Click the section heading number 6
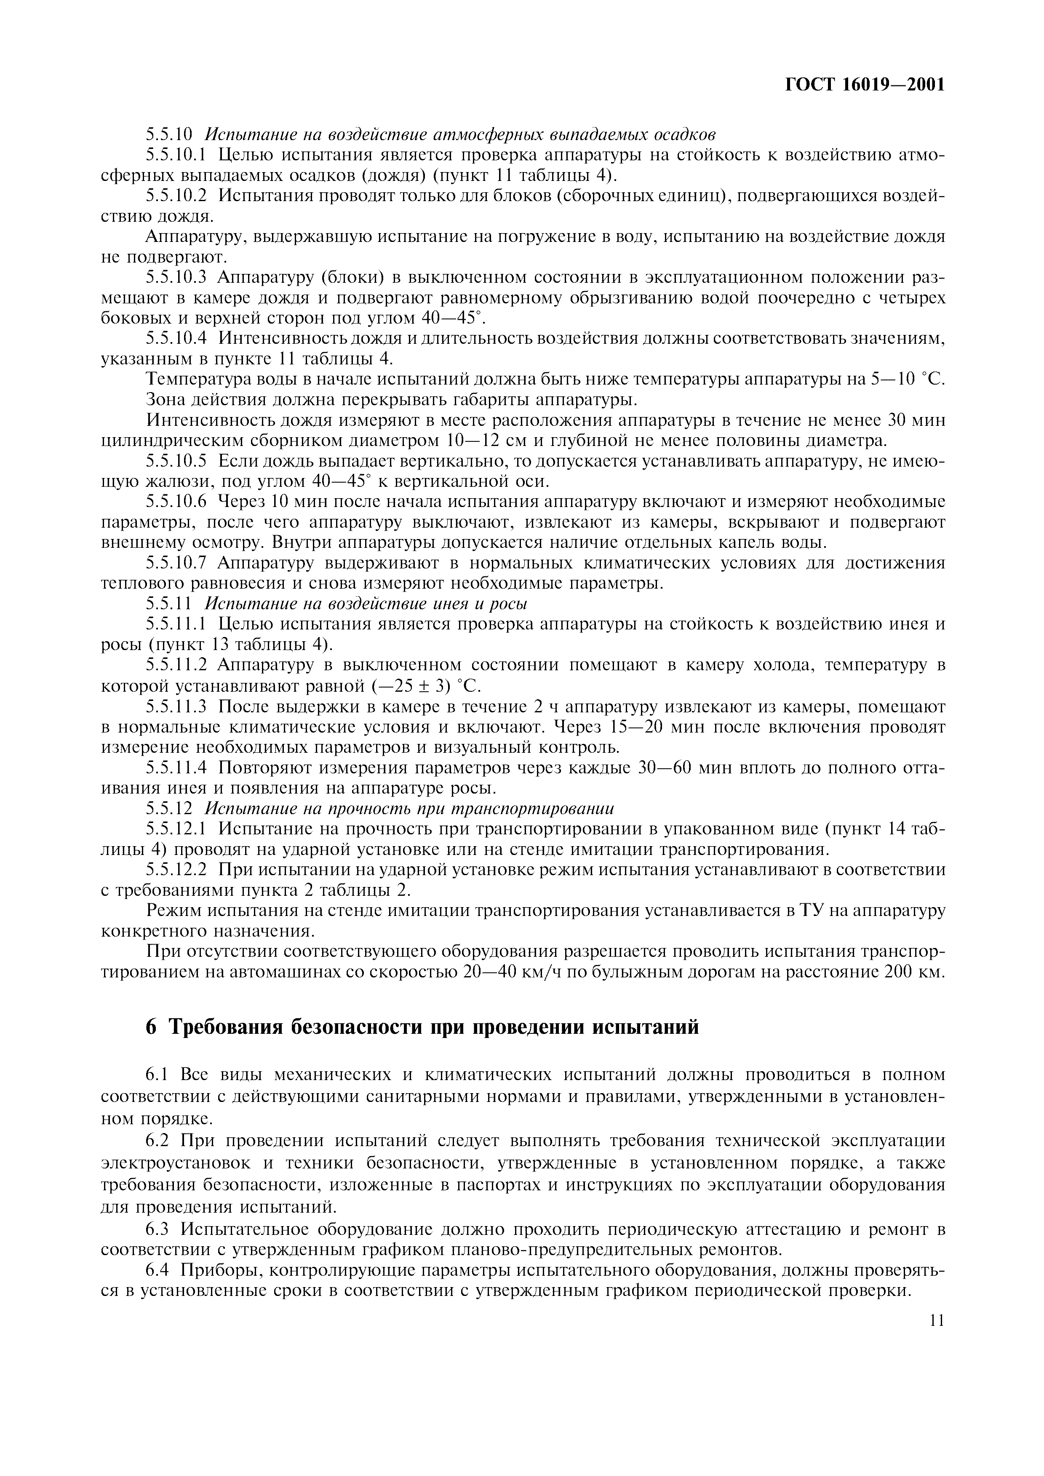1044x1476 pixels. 151,1027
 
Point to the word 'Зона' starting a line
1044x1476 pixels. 164,399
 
